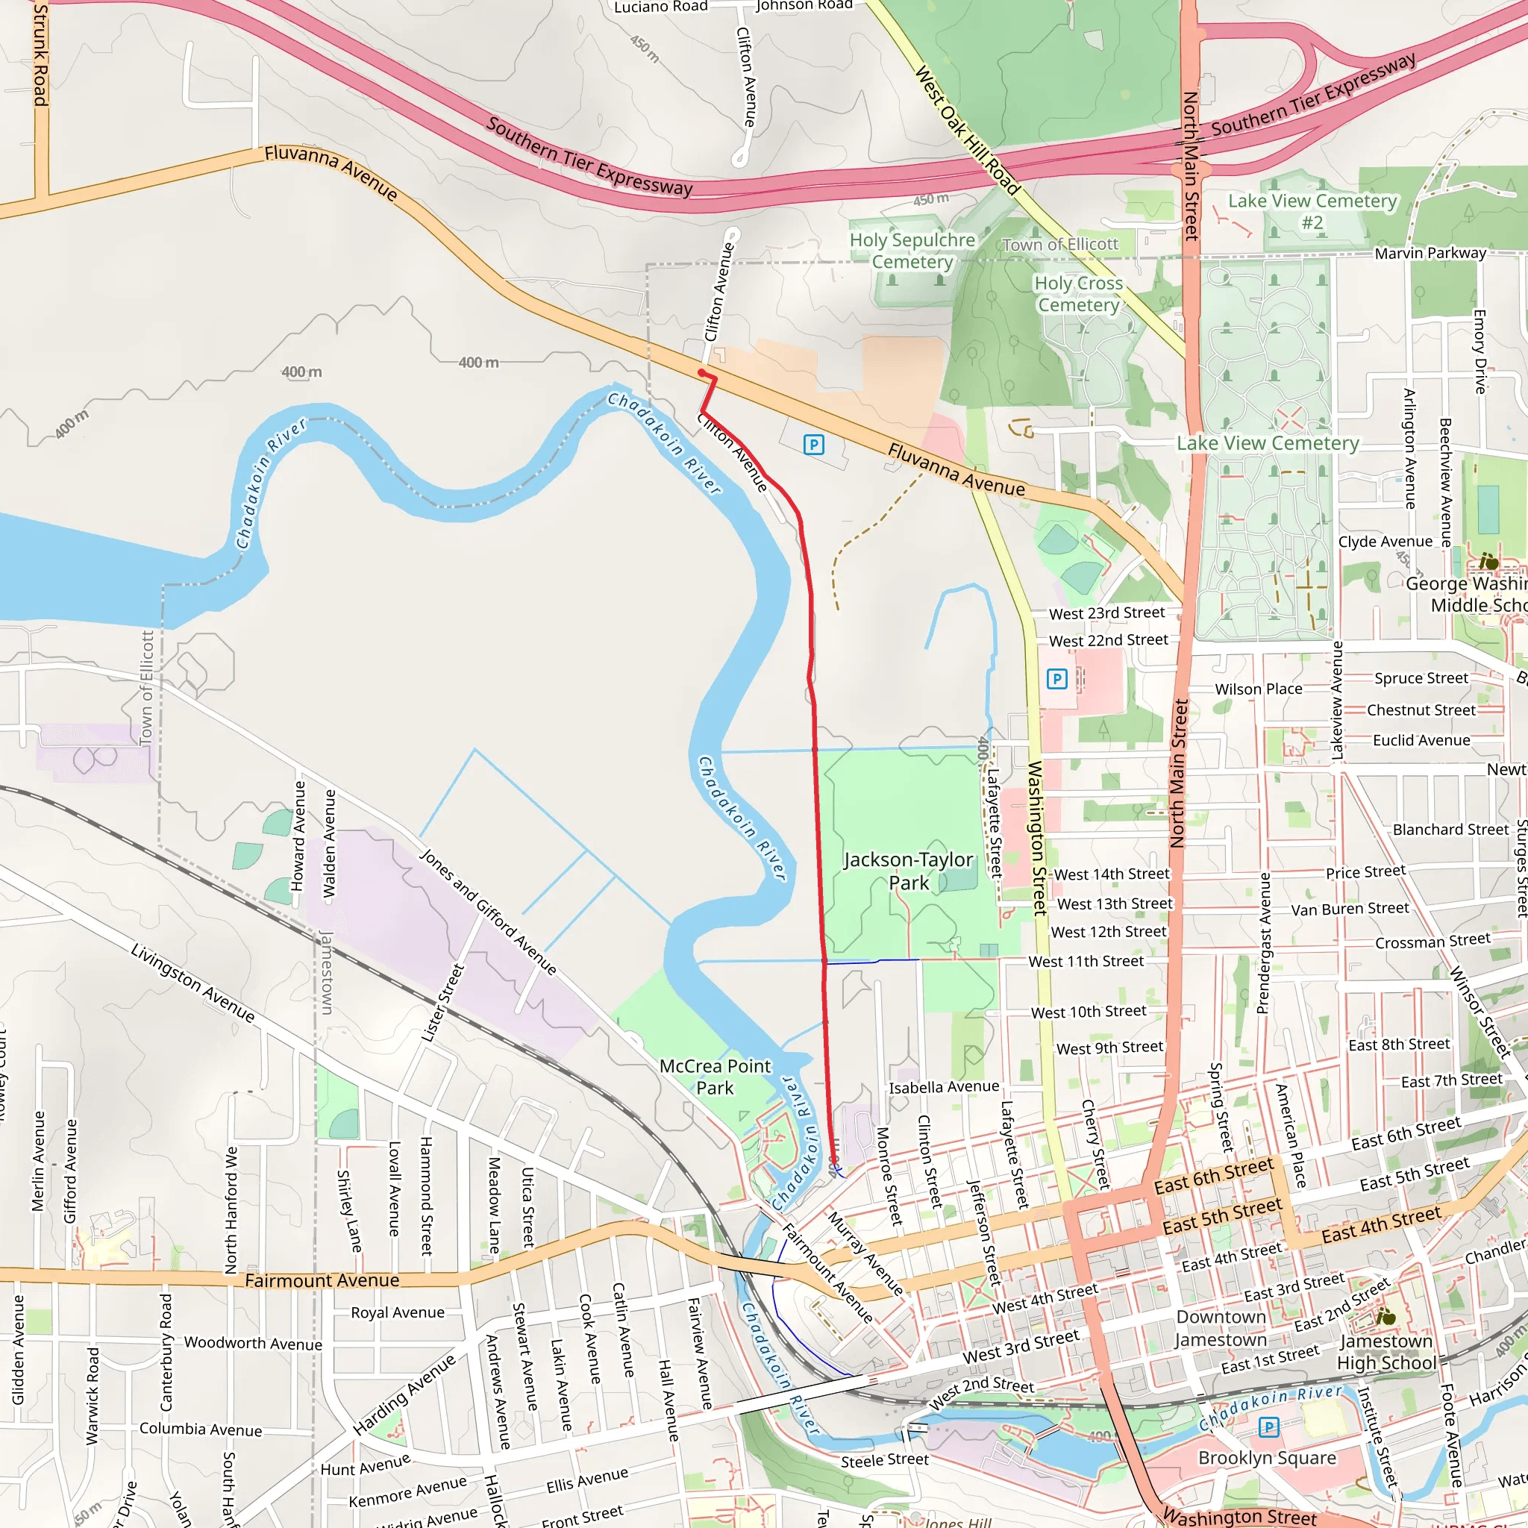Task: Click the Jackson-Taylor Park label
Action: pyautogui.click(x=908, y=871)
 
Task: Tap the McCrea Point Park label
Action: pyautogui.click(x=714, y=1077)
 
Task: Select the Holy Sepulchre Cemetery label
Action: pyautogui.click(x=912, y=251)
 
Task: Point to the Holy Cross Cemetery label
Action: pyautogui.click(x=1078, y=293)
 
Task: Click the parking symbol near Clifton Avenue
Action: pyautogui.click(x=813, y=445)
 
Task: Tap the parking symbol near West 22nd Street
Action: pyautogui.click(x=1056, y=679)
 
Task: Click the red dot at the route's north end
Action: pyautogui.click(x=701, y=372)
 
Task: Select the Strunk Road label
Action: pyautogui.click(x=40, y=54)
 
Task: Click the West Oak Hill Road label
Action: pyautogui.click(x=966, y=131)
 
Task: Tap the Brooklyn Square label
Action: pyautogui.click(x=1267, y=1458)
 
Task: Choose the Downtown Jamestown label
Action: pyautogui.click(x=1221, y=1328)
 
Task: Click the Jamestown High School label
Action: pyautogui.click(x=1385, y=1352)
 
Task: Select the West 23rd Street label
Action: pyautogui.click(x=1106, y=613)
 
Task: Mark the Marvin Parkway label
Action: pyautogui.click(x=1430, y=253)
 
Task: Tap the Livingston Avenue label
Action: pyautogui.click(x=192, y=983)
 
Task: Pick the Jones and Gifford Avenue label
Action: pyautogui.click(x=487, y=912)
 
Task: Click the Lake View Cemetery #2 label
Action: pyautogui.click(x=1312, y=211)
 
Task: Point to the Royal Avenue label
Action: pyautogui.click(x=397, y=1312)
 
